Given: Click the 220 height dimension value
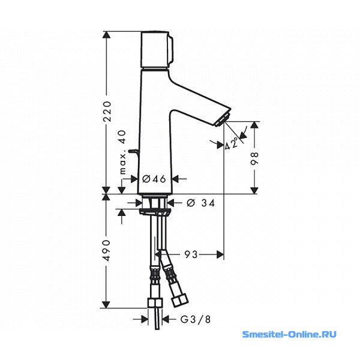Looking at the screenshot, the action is click(107, 111).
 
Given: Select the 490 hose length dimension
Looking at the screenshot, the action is click(106, 251).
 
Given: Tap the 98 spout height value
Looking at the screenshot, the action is click(254, 158).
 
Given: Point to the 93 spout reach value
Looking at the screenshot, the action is click(191, 254).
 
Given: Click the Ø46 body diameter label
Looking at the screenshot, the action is click(154, 179).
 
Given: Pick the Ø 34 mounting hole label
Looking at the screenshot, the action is click(200, 203).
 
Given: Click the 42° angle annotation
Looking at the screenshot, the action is click(232, 143).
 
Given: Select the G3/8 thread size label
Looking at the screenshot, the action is click(196, 319).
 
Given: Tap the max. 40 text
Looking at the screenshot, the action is click(123, 152).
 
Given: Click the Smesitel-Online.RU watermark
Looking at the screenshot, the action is click(289, 334).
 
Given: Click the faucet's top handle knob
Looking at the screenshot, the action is click(157, 49).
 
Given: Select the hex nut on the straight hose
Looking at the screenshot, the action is click(155, 303).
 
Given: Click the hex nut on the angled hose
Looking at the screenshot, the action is click(180, 301).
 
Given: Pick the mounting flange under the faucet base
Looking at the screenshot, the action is click(155, 212).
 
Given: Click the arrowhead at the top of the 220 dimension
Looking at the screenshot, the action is click(106, 35).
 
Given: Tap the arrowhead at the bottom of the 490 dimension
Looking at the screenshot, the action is click(106, 304).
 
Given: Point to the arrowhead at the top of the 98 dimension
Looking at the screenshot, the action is click(254, 125).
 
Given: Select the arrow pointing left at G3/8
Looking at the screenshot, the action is click(166, 319).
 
